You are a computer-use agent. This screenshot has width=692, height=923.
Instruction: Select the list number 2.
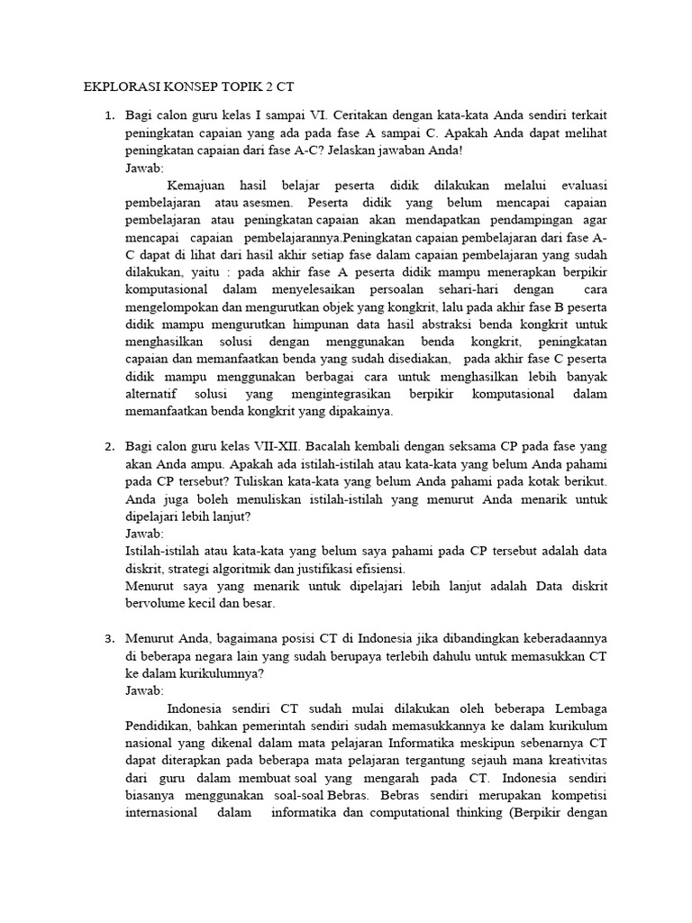tap(109, 447)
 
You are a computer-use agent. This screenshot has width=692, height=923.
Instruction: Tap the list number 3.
tap(109, 639)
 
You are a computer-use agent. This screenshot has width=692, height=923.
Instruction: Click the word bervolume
tap(156, 604)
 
